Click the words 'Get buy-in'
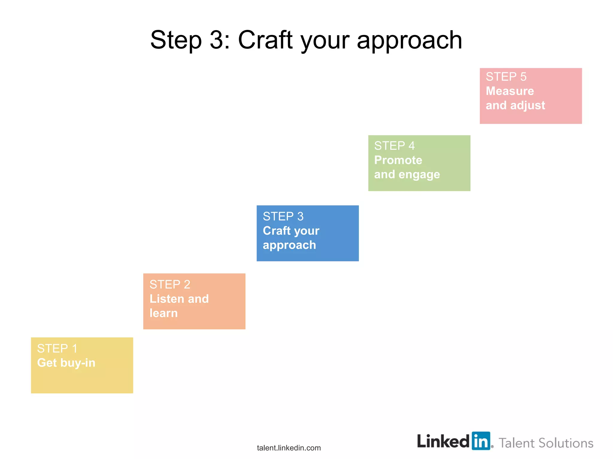click(x=66, y=363)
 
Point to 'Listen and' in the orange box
click(x=179, y=299)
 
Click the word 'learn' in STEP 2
click(x=163, y=313)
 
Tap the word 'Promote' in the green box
click(x=398, y=160)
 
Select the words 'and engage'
click(x=407, y=175)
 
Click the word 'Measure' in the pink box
click(x=510, y=91)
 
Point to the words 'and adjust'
click(x=515, y=105)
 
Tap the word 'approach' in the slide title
click(x=409, y=40)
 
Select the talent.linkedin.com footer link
click(x=289, y=448)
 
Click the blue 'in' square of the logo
click(x=481, y=441)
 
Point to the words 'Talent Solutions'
click(x=546, y=443)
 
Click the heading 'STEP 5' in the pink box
click(x=506, y=77)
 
